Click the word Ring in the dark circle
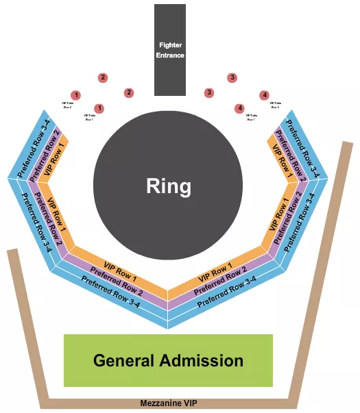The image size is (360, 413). click(168, 186)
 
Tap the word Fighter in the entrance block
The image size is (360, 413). click(169, 45)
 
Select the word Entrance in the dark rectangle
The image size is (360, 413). click(169, 55)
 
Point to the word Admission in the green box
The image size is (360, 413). click(205, 360)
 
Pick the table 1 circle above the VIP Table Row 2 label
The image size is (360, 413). click(76, 95)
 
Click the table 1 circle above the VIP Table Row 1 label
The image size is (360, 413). click(99, 108)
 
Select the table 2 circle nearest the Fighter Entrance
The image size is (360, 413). click(128, 92)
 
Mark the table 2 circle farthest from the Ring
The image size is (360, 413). click(103, 77)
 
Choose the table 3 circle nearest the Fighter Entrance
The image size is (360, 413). click(209, 92)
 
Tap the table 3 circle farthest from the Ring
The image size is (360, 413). click(232, 77)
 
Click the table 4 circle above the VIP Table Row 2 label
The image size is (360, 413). click(265, 95)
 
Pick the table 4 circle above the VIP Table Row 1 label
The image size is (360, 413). click(239, 108)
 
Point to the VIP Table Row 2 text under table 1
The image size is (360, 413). click(67, 105)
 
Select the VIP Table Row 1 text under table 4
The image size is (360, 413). click(252, 118)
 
